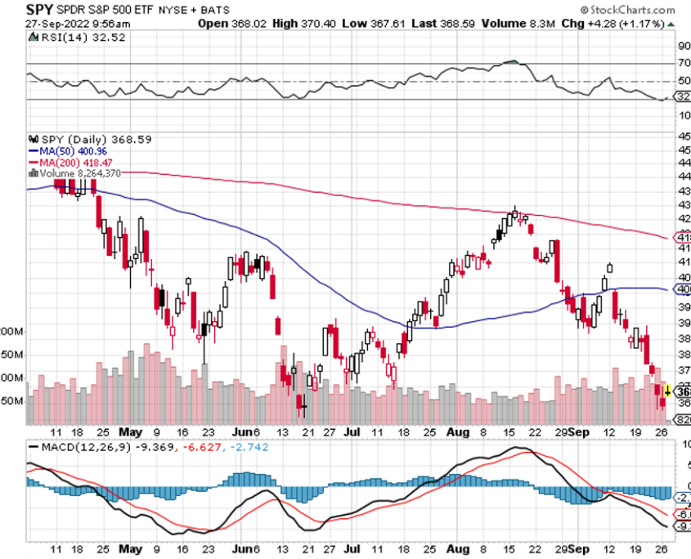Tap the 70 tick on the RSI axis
coord(684,64)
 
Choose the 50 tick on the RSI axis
coord(684,81)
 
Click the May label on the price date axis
coord(129,432)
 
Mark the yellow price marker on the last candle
coord(668,391)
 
